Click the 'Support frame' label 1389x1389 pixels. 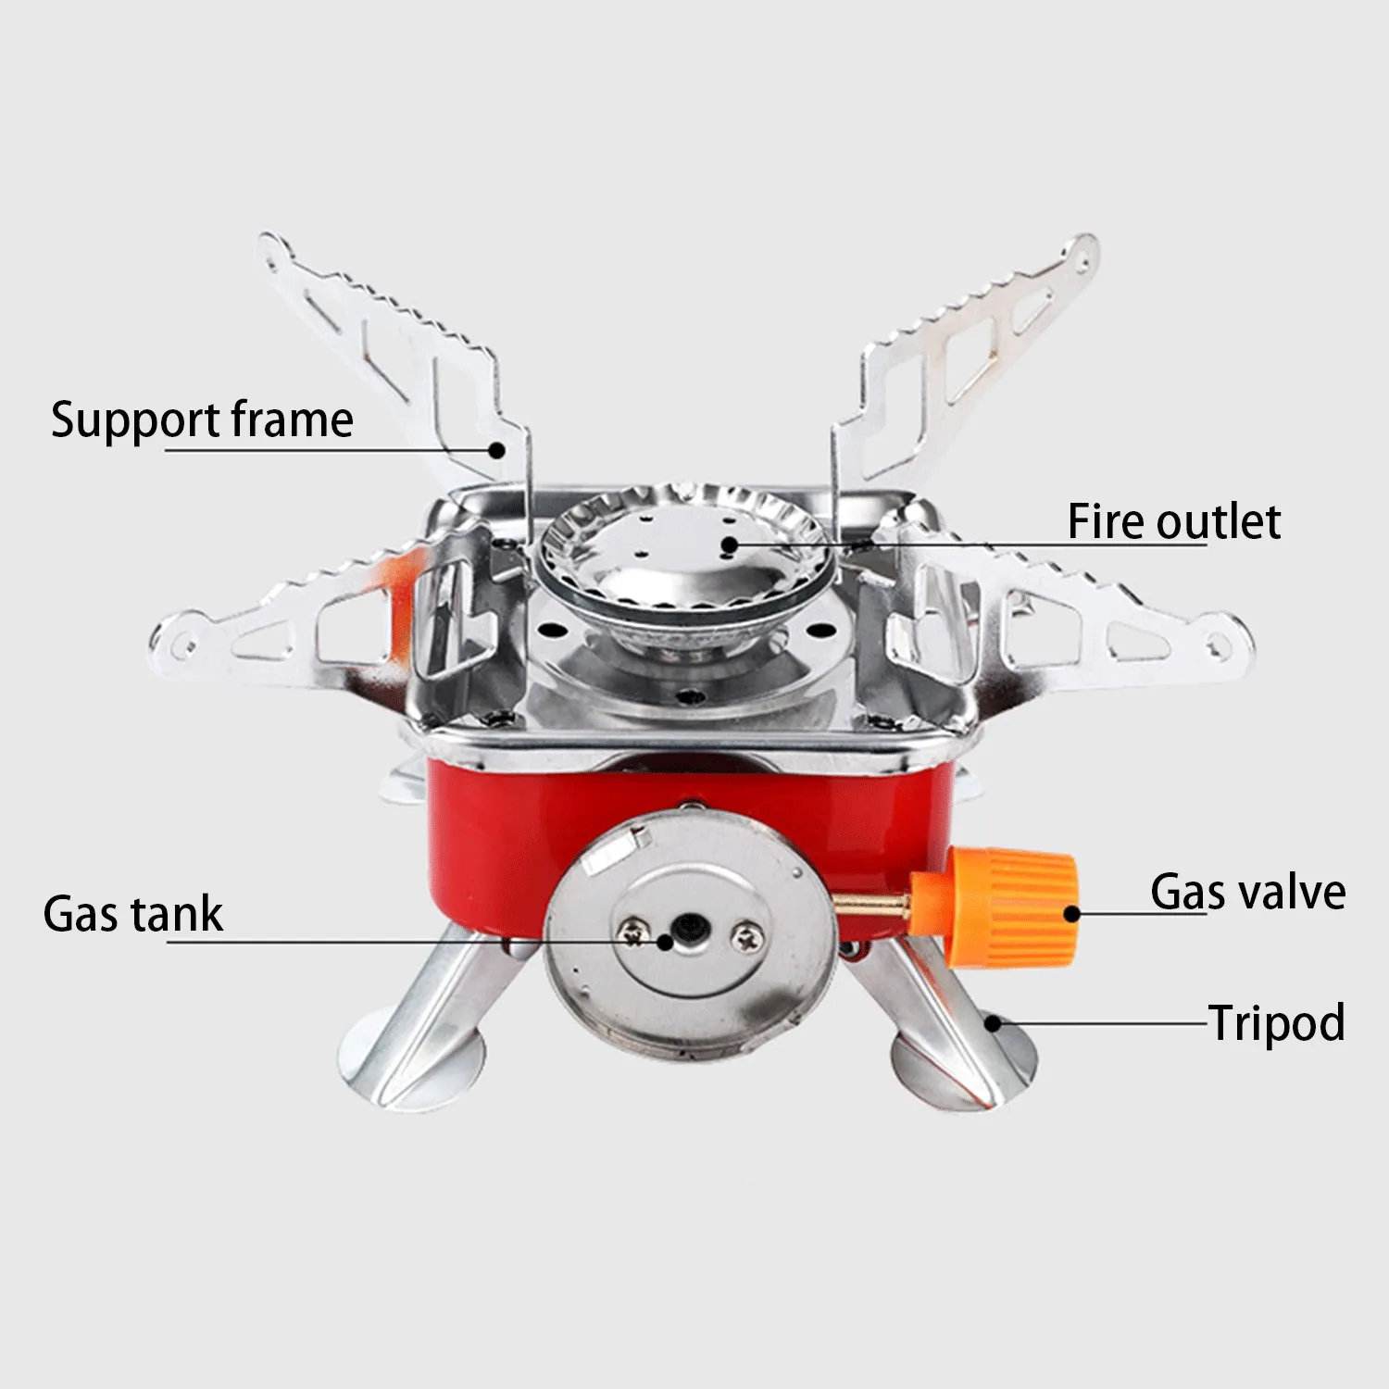point(202,421)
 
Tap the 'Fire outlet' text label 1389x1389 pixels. point(1174,521)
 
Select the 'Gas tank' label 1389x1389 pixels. point(133,914)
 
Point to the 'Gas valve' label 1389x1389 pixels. point(1248,892)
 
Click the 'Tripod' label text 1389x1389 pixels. point(1277,1024)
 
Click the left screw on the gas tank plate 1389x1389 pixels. point(632,934)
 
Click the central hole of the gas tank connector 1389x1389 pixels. point(689,927)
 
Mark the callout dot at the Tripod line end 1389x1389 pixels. point(993,1023)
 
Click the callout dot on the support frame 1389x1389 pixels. point(497,450)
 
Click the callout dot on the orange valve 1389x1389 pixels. point(1071,914)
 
